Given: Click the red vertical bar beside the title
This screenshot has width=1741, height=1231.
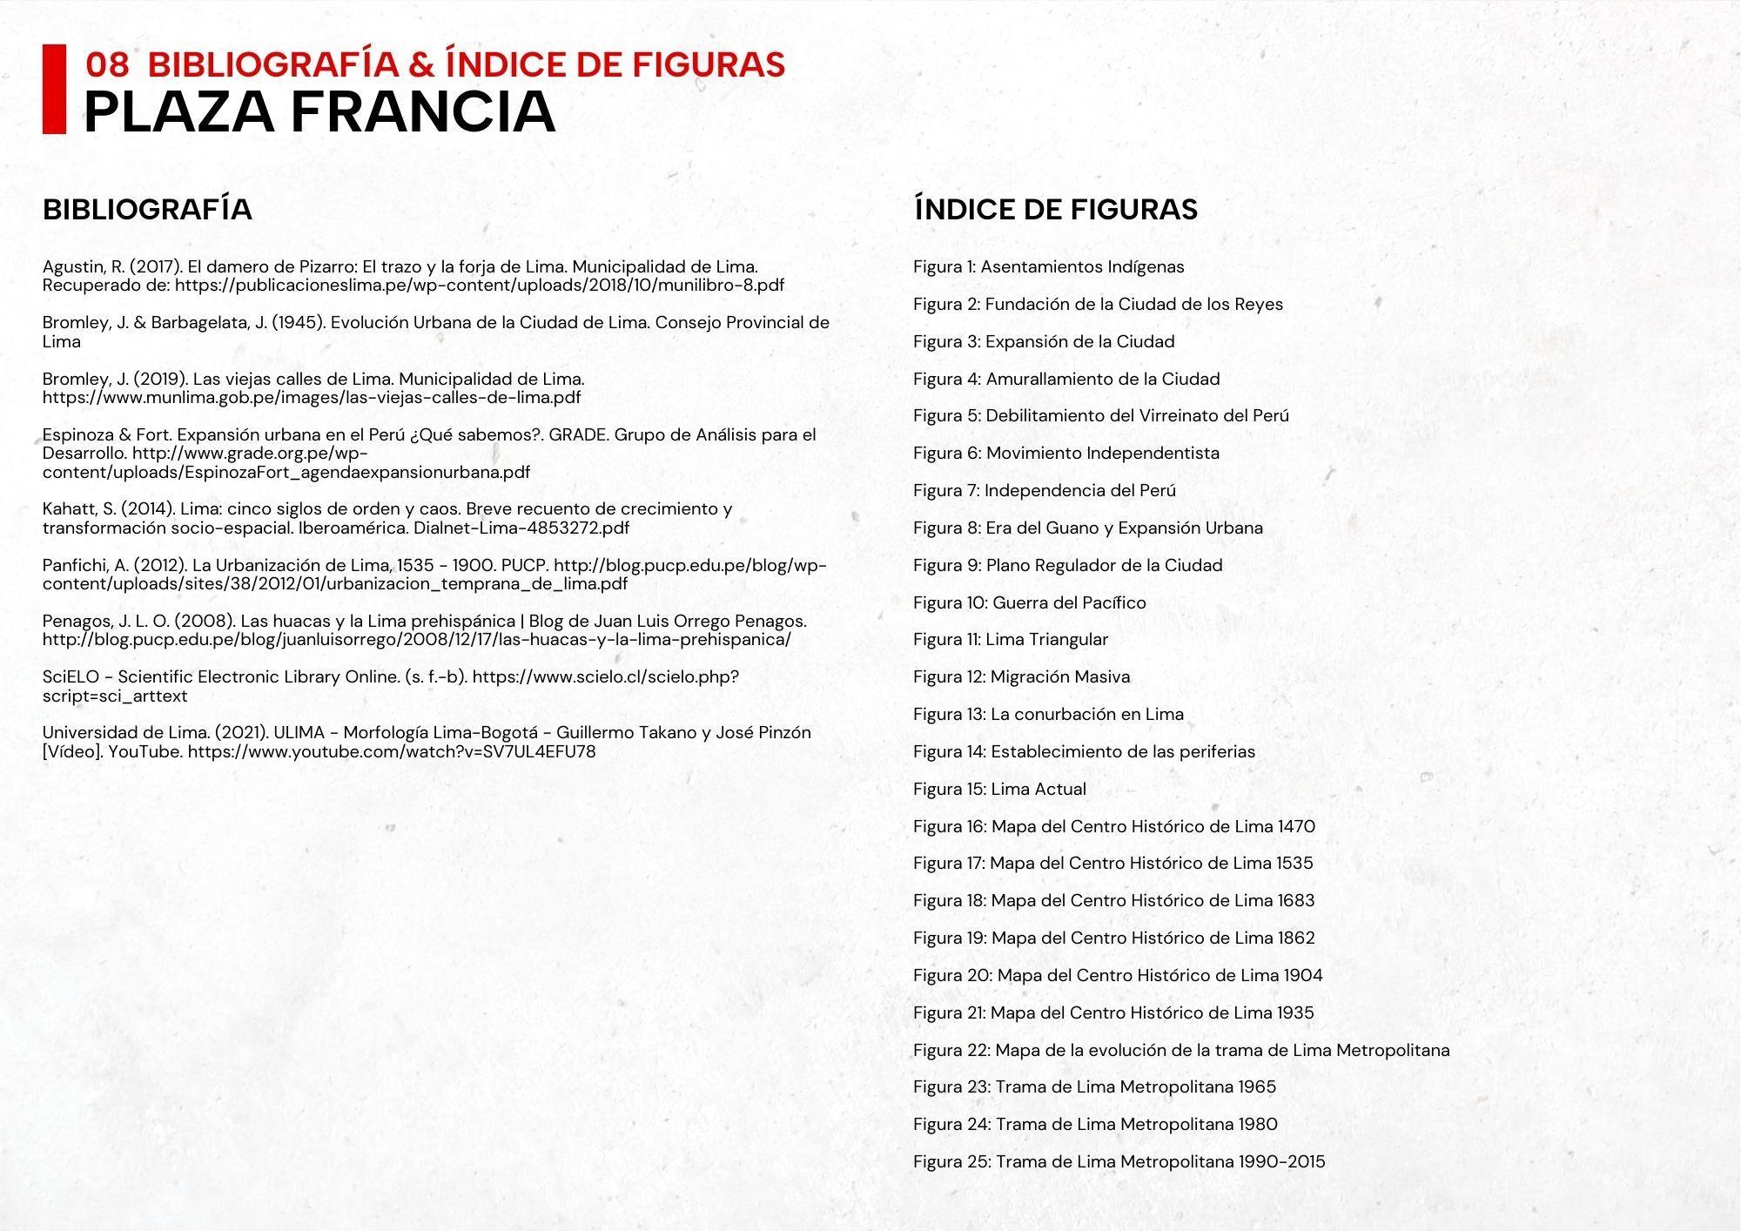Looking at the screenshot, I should (x=54, y=89).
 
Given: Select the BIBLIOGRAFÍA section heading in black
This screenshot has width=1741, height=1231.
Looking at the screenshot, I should (x=147, y=210).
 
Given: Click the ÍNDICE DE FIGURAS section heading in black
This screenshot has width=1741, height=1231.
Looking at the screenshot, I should (x=1056, y=210).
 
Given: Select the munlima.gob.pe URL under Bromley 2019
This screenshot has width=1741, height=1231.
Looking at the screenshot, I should (x=311, y=398).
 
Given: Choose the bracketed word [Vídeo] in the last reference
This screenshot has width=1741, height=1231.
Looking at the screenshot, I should (x=73, y=751).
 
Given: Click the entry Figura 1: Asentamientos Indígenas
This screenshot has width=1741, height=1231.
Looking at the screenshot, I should (x=1048, y=267).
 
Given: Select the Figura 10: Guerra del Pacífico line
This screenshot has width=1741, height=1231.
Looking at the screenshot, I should (x=1029, y=603).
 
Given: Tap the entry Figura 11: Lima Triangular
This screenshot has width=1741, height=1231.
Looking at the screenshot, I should (x=1010, y=640).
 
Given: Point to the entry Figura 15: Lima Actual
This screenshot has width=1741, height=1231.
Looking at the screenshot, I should (x=999, y=790).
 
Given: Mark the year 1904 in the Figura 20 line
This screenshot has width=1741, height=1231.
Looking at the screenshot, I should (x=1303, y=976).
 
